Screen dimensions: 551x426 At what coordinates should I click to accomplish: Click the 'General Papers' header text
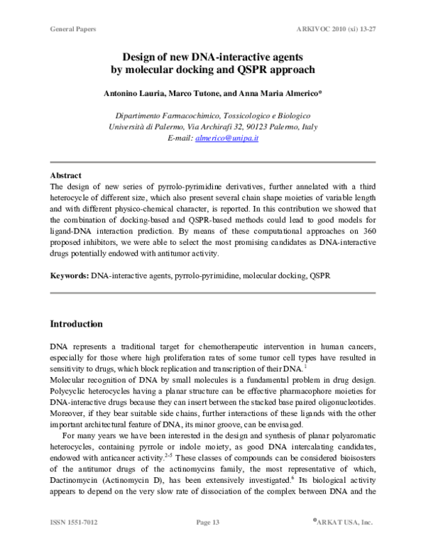point(73,29)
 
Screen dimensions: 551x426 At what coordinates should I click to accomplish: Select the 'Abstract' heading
point(65,175)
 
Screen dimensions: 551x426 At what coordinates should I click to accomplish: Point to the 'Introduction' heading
point(76,324)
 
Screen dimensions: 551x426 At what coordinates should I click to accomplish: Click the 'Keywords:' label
point(70,274)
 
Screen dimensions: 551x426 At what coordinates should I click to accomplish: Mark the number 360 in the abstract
point(377,231)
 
